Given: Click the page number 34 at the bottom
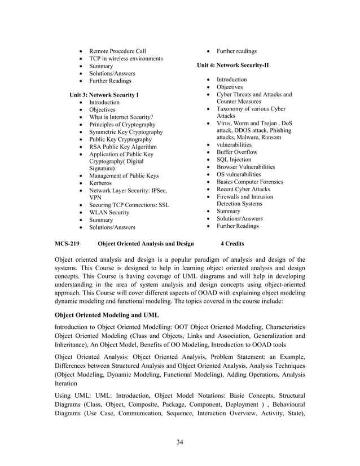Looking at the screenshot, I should pyautogui.click(x=179, y=441).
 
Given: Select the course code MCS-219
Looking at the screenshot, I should pyautogui.click(x=66, y=244).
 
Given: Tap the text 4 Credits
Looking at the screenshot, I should pyautogui.click(x=232, y=244).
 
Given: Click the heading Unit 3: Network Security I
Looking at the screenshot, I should pyautogui.click(x=104, y=95).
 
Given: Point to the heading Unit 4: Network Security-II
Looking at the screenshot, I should pyautogui.click(x=232, y=65).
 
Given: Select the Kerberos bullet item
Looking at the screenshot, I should pyautogui.click(x=100, y=183).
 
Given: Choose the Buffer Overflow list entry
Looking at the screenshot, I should pyautogui.click(x=237, y=152).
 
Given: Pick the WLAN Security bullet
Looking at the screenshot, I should pyautogui.click(x=109, y=213).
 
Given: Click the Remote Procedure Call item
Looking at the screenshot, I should pyautogui.click(x=117, y=51).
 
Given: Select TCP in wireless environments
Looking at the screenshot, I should pyautogui.click(x=126, y=59).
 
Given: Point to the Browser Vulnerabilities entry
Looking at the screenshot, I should pyautogui.click(x=246, y=167).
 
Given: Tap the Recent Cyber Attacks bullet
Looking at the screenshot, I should pyautogui.click(x=243, y=189).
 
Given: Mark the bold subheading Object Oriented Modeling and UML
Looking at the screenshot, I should pyautogui.click(x=107, y=314).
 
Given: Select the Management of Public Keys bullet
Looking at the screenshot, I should pyautogui.click(x=124, y=176).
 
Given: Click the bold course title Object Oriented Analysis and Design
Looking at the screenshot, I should pyautogui.click(x=146, y=244).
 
